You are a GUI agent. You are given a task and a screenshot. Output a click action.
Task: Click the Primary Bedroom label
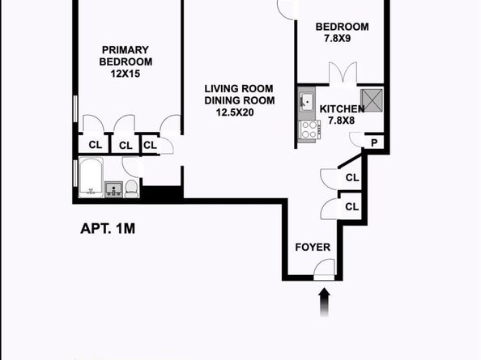[x=126, y=54]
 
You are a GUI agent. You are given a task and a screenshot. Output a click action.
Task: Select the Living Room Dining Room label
[x=239, y=95]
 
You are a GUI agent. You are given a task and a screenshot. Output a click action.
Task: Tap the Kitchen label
[x=343, y=109]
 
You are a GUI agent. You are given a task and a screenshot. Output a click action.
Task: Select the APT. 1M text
[x=107, y=228]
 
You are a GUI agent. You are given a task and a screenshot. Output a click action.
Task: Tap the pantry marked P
[x=374, y=143]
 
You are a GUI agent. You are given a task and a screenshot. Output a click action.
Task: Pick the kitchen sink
[x=306, y=102]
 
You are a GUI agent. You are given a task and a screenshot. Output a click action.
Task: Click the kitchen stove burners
[x=309, y=129]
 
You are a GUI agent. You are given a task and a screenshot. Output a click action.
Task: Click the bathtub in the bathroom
[x=89, y=178]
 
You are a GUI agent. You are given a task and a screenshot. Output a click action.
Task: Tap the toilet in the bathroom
[x=131, y=189]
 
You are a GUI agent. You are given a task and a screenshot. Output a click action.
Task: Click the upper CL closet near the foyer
[x=352, y=178]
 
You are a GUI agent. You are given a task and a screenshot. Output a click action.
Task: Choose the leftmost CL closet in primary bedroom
[x=96, y=146]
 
